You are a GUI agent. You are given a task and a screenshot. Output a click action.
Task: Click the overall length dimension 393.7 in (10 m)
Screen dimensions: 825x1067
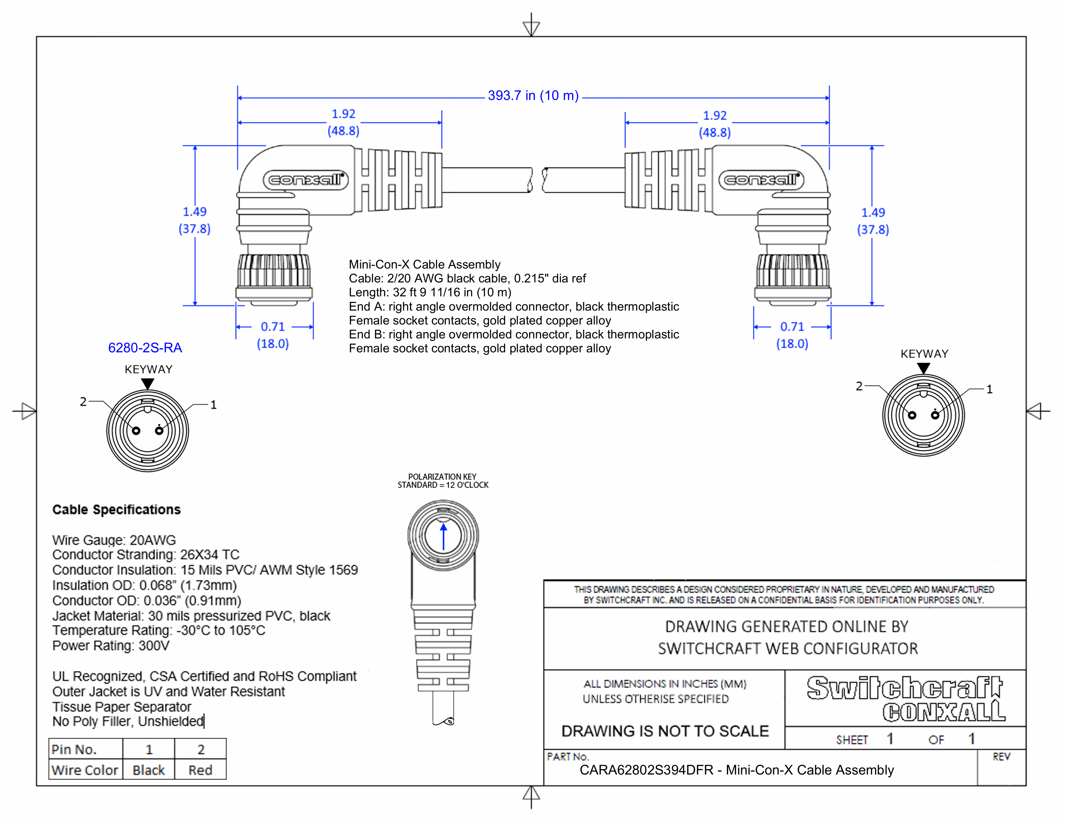pyautogui.click(x=533, y=96)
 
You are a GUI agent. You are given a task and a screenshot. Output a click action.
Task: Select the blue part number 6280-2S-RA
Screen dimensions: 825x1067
pyautogui.click(x=145, y=348)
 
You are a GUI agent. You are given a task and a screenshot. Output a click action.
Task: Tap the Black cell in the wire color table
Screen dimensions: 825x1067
pyautogui.click(x=148, y=770)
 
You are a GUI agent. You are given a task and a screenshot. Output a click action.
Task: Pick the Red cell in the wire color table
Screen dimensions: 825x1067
pyautogui.click(x=200, y=770)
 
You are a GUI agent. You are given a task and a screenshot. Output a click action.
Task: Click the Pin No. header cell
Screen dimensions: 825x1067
pyautogui.click(x=74, y=749)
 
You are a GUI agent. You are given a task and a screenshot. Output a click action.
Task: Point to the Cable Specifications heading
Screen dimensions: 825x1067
pyautogui.click(x=116, y=510)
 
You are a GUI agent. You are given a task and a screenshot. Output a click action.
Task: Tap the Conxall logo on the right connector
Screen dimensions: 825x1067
pyautogui.click(x=761, y=180)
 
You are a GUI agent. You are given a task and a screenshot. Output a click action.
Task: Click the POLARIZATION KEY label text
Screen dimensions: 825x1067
pyautogui.click(x=442, y=477)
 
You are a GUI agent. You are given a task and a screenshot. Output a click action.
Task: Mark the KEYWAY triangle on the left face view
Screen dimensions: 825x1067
pyautogui.click(x=147, y=384)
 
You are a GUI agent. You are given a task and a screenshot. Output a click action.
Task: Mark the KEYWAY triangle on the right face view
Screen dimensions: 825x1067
pyautogui.click(x=923, y=368)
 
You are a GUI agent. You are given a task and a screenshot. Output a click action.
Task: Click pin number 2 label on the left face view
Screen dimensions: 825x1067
pyautogui.click(x=83, y=402)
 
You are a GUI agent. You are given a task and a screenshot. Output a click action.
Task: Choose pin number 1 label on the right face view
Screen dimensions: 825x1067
pyautogui.click(x=989, y=390)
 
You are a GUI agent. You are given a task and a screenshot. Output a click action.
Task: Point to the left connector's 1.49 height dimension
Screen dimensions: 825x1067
pyautogui.click(x=194, y=220)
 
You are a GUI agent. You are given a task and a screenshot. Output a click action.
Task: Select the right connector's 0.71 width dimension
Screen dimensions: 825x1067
pyautogui.click(x=792, y=335)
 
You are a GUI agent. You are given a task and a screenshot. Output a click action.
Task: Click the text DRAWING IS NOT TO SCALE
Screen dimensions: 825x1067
pyautogui.click(x=665, y=731)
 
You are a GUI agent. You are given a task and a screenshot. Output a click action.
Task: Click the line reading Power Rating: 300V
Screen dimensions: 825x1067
pyautogui.click(x=111, y=646)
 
